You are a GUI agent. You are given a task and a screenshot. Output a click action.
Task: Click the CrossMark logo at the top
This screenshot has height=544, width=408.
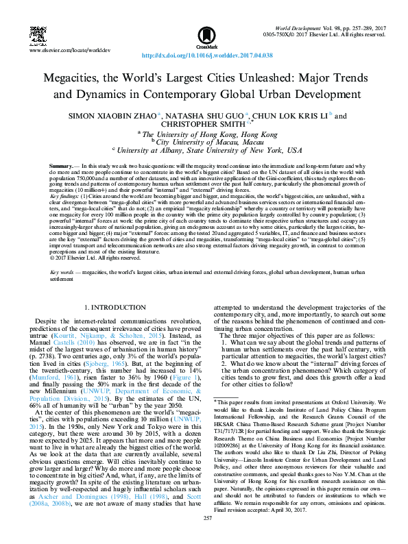tap(204, 34)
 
